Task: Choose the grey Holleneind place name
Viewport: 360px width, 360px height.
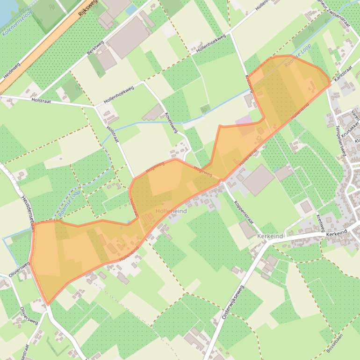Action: (171, 211)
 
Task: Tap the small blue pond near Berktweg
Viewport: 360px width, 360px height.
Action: (131, 9)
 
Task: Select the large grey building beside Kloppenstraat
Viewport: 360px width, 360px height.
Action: (258, 180)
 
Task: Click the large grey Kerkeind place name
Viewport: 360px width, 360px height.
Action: (270, 237)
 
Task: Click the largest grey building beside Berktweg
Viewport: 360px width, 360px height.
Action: (129, 36)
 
